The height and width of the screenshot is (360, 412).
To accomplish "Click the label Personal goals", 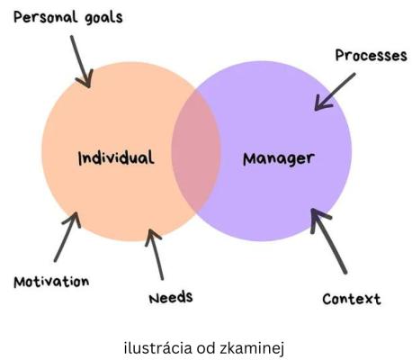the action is click(x=68, y=17).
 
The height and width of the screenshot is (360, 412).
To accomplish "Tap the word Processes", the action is click(x=371, y=56).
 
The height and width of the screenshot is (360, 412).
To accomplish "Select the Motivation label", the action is click(x=51, y=282).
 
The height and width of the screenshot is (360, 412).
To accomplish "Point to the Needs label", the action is click(x=171, y=298).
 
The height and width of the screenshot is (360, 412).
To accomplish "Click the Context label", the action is click(x=352, y=299).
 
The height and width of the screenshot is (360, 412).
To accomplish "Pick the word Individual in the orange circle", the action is click(x=116, y=157).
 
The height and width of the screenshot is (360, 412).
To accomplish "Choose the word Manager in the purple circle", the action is click(x=279, y=159).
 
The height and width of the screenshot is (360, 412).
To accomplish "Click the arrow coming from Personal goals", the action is click(x=81, y=61).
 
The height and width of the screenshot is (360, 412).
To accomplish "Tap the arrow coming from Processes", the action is click(x=335, y=92).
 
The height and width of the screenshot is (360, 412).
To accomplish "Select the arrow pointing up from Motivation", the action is click(x=67, y=237).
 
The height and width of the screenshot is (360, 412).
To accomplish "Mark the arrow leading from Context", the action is click(x=328, y=241).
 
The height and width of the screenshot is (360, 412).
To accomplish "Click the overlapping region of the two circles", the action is click(x=196, y=151).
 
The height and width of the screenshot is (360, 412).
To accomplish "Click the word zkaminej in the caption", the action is click(x=252, y=349).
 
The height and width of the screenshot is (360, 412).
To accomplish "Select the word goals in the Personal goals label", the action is click(x=103, y=18).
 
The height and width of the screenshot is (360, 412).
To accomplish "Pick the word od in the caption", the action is click(x=206, y=348).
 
